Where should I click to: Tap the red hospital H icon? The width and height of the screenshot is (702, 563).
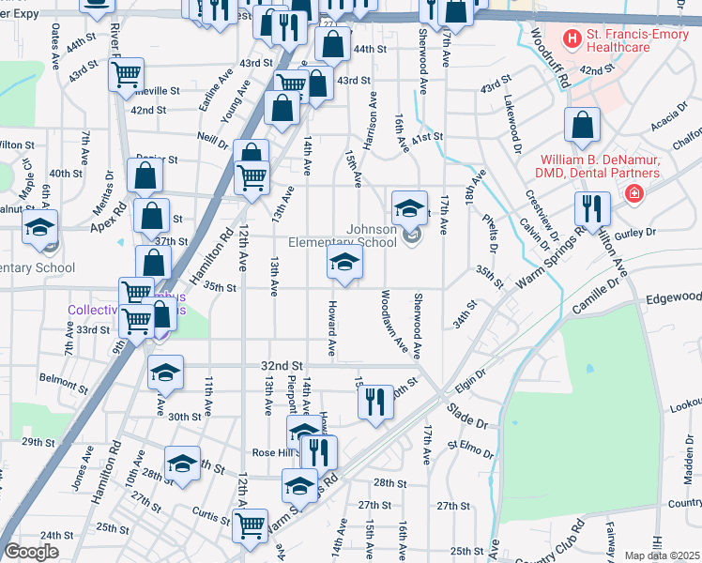click(569, 38)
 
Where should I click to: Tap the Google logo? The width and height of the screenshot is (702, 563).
click(31, 551)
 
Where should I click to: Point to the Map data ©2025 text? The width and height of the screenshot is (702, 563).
click(662, 555)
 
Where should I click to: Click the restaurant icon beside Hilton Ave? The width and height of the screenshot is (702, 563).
click(591, 207)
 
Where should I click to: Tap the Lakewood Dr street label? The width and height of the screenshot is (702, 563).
click(513, 124)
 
